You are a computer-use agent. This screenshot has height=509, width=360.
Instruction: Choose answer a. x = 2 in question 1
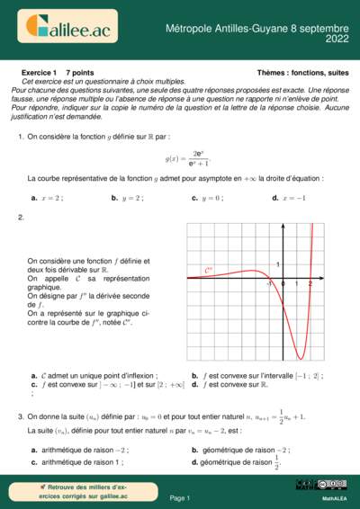point(48,197)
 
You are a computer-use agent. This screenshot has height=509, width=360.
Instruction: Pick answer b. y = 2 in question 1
point(127,197)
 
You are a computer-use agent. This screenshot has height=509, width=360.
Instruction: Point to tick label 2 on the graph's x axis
point(310,284)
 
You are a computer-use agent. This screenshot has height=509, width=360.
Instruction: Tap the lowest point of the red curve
point(301,357)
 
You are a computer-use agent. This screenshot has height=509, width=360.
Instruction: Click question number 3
point(21,416)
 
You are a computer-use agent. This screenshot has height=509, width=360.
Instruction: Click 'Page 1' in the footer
point(180,497)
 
